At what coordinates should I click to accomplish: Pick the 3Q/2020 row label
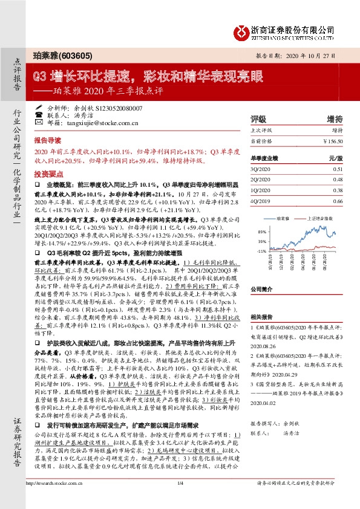click(260, 170)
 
